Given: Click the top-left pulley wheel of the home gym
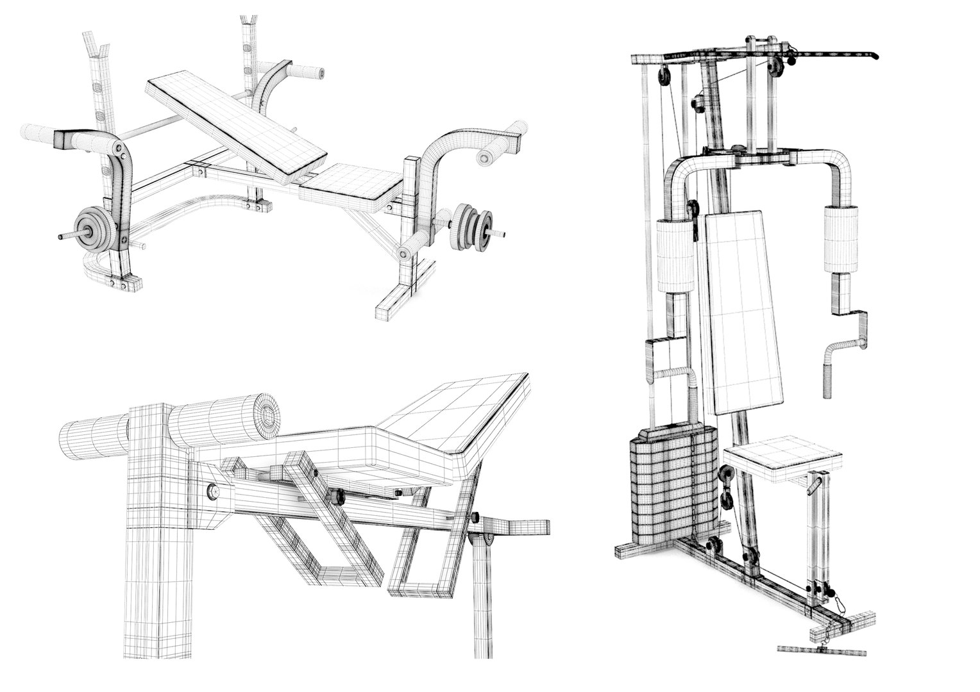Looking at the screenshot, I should [663, 77].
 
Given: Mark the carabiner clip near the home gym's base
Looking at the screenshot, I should [838, 603].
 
